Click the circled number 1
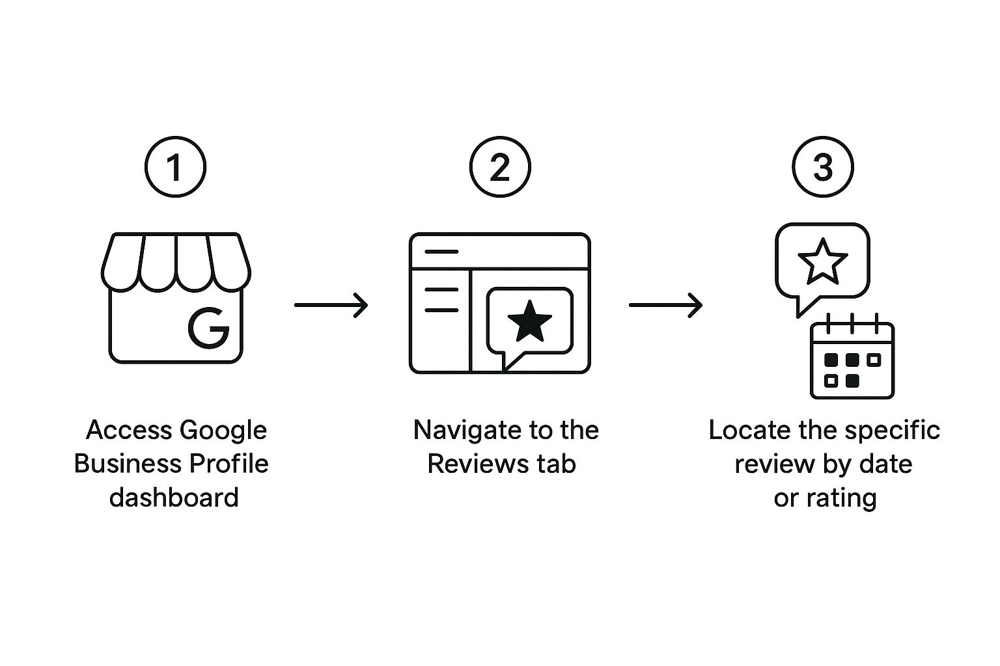(175, 166)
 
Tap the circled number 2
(500, 166)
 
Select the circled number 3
(823, 166)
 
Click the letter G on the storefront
(208, 327)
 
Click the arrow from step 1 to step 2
(331, 305)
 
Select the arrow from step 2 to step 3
(665, 305)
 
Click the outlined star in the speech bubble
(822, 262)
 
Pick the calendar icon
(852, 356)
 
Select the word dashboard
(174, 498)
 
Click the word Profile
(229, 464)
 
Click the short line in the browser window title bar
(441, 252)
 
